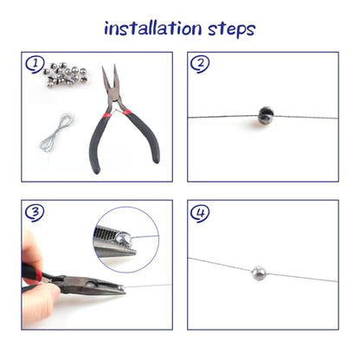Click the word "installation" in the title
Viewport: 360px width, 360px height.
pyautogui.click(x=152, y=29)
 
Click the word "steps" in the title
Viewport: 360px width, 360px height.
pyautogui.click(x=232, y=29)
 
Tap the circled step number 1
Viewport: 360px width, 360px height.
pyautogui.click(x=35, y=64)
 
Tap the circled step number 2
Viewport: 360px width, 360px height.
pyautogui.click(x=200, y=64)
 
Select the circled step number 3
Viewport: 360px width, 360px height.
pyautogui.click(x=35, y=213)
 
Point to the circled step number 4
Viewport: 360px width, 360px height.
pyautogui.click(x=200, y=213)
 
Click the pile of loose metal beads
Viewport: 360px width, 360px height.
pyautogui.click(x=66, y=75)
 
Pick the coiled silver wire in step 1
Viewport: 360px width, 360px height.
pyautogui.click(x=57, y=132)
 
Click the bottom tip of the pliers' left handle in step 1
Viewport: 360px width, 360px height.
pyautogui.click(x=97, y=170)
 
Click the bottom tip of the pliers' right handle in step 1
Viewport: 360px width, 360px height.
pyautogui.click(x=156, y=160)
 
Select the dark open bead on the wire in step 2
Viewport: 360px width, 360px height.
pyautogui.click(x=266, y=115)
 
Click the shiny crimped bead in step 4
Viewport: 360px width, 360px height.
pyautogui.click(x=258, y=273)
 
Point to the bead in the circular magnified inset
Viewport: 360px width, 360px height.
pyautogui.click(x=124, y=239)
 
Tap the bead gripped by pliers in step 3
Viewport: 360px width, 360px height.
pyautogui.click(x=121, y=287)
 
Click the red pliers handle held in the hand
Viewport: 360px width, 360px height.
pyautogui.click(x=31, y=273)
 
